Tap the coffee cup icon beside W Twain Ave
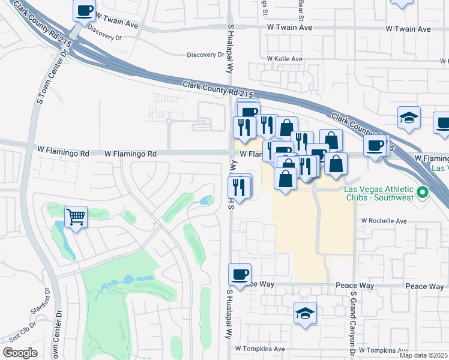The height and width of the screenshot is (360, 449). (x=85, y=10)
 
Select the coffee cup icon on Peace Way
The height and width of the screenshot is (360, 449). (x=240, y=274)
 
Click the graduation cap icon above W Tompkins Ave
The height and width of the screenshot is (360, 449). (x=305, y=313)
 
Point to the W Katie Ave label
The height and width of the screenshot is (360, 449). (x=285, y=59)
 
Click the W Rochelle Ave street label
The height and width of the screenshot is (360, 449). (x=384, y=221)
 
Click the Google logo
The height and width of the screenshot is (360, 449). (x=20, y=353)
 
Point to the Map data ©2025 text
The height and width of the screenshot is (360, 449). (x=423, y=355)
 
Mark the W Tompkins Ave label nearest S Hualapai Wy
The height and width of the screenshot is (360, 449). (x=259, y=349)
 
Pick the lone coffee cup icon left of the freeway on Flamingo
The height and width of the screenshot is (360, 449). (x=375, y=146)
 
